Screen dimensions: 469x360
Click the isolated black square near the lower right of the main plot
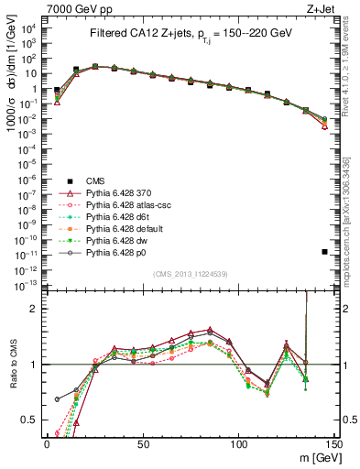pos(325,251)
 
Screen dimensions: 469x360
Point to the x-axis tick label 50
pos(142,443)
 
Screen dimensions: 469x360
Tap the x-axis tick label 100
pos(238,443)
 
